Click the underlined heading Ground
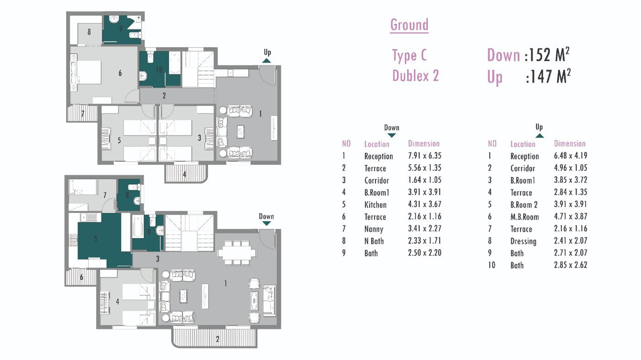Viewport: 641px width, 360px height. tap(409, 25)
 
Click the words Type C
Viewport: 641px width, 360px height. tap(410, 55)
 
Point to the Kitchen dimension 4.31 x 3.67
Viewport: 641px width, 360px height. tap(425, 204)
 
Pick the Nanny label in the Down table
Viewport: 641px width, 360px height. tap(374, 229)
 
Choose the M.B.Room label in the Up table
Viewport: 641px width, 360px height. tap(524, 217)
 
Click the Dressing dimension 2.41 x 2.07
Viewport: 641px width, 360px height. tap(570, 241)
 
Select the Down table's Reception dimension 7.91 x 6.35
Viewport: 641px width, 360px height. tap(425, 156)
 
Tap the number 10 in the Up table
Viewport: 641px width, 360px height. tap(492, 265)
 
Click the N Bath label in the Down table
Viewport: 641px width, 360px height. tap(374, 241)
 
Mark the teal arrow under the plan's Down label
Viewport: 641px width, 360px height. tap(266, 223)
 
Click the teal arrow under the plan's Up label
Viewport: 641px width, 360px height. tap(266, 61)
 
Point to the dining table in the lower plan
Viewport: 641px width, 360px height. tap(237, 253)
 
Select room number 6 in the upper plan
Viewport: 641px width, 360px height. tap(120, 73)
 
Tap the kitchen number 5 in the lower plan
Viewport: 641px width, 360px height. tap(96, 239)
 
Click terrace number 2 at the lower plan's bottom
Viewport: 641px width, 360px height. tap(217, 339)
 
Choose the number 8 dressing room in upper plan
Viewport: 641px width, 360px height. tap(89, 32)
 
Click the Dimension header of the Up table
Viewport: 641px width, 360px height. tap(570, 143)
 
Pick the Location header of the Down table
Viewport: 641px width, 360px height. tap(377, 144)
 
